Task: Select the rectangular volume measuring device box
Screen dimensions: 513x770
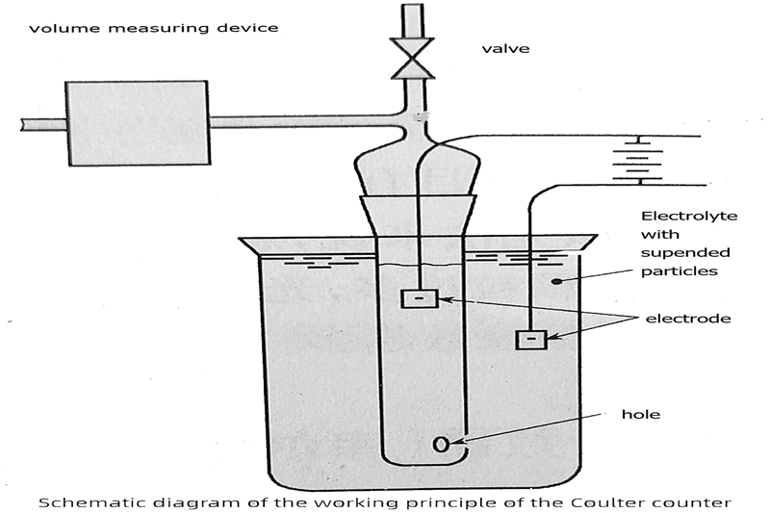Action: click(137, 122)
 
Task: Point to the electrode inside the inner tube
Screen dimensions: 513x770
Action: click(419, 298)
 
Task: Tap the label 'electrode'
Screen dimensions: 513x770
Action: click(687, 318)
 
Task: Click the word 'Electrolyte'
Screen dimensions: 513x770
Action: click(688, 217)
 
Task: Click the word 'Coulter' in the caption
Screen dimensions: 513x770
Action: click(606, 500)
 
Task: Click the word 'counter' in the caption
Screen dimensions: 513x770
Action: click(678, 500)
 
